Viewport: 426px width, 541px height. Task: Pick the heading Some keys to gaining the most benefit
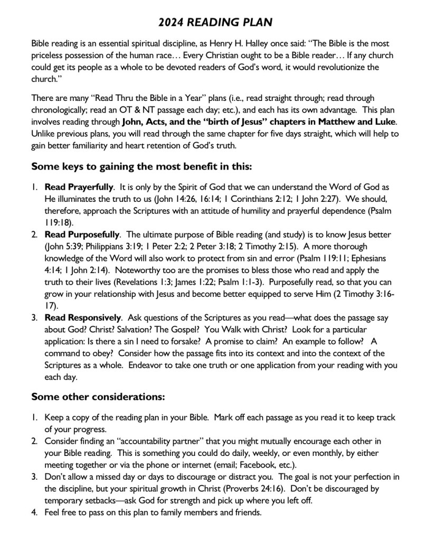point(142,166)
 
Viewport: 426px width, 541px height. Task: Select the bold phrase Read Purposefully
point(82,234)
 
